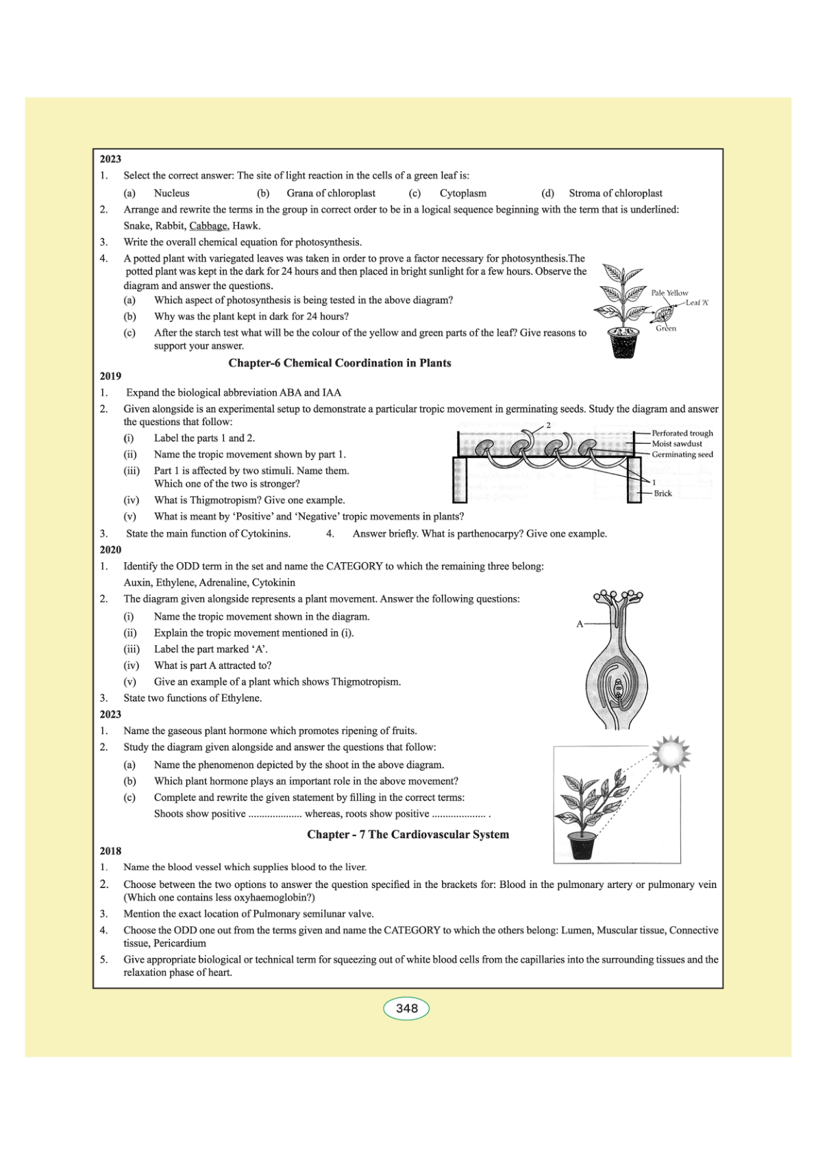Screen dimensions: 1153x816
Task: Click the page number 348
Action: [x=406, y=1009]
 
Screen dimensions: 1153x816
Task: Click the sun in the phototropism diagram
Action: [x=671, y=753]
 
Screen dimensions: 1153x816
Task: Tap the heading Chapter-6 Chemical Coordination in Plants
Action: [x=339, y=363]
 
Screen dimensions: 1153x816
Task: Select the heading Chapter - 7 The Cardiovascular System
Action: [x=408, y=834]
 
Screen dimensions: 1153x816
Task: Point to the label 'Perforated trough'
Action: [x=682, y=433]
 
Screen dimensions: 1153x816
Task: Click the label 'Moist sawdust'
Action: [x=676, y=444]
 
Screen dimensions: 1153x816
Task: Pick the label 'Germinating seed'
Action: [x=682, y=455]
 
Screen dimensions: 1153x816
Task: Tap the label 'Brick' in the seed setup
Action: [x=663, y=494]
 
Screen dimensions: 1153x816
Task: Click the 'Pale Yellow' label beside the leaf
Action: [x=669, y=293]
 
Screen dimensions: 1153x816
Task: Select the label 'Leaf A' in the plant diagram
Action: [x=697, y=303]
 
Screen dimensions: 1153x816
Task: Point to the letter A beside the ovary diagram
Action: [x=580, y=624]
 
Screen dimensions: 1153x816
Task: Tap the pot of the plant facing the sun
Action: [x=582, y=846]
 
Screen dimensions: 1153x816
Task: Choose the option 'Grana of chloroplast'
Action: [x=331, y=193]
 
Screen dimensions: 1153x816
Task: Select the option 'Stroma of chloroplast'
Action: [x=615, y=193]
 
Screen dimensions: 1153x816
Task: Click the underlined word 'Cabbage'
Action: [x=208, y=226]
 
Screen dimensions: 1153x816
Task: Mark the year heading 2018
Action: [x=110, y=851]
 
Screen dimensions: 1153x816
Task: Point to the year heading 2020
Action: [x=110, y=550]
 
